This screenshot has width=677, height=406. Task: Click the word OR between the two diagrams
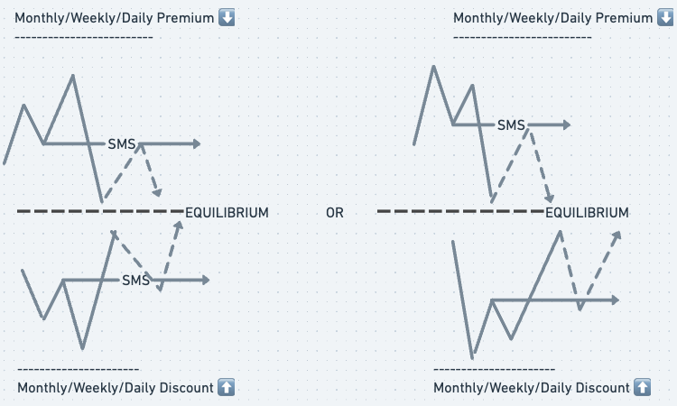click(x=335, y=213)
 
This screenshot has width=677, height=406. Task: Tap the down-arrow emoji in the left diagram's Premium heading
click(x=227, y=18)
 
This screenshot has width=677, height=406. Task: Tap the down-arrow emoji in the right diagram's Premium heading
click(x=666, y=18)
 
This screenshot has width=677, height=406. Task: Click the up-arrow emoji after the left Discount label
click(x=227, y=387)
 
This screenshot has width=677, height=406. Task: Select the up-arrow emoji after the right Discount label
click(x=642, y=387)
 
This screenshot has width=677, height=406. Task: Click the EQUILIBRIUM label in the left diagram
click(x=227, y=213)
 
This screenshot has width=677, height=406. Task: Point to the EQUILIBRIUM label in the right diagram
click(x=587, y=213)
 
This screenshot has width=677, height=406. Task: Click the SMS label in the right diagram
click(x=511, y=125)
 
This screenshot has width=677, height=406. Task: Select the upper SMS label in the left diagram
click(x=122, y=143)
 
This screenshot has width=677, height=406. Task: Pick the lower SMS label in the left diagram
click(x=135, y=281)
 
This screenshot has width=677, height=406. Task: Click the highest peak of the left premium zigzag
click(x=73, y=75)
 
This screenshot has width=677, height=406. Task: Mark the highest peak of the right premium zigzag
click(x=435, y=66)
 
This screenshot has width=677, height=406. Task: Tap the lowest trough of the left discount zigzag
click(x=82, y=347)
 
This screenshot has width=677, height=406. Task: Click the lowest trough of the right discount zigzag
click(x=471, y=357)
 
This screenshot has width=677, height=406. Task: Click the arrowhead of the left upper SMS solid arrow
click(x=196, y=143)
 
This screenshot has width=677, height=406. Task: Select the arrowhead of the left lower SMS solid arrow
click(x=205, y=281)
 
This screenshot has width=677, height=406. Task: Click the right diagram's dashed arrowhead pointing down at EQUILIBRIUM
click(x=549, y=199)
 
